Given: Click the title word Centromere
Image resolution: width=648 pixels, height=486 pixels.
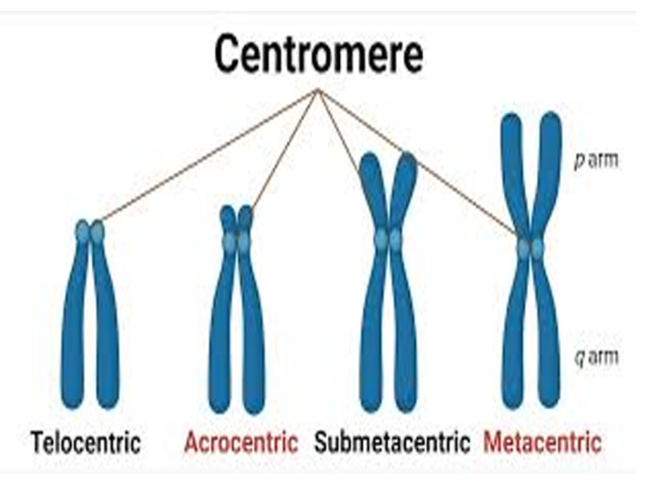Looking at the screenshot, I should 318,55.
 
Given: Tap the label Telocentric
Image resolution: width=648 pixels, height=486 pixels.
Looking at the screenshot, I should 86,442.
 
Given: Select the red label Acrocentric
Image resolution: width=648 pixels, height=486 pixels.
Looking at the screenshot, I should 241,442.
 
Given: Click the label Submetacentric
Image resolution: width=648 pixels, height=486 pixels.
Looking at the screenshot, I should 392,442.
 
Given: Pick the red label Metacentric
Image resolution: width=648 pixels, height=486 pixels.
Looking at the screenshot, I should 542,442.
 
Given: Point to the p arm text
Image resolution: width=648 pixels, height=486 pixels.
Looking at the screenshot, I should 595,161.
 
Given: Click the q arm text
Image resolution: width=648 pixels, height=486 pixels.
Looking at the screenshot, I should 595,358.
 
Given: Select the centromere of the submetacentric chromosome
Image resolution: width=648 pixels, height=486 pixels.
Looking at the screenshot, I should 388,239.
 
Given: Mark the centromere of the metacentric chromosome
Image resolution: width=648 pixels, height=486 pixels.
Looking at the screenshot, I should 530,247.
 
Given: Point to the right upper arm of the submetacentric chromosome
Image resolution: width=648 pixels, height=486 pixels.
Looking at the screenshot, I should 403,184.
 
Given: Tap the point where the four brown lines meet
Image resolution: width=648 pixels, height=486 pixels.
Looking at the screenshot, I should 318,90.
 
